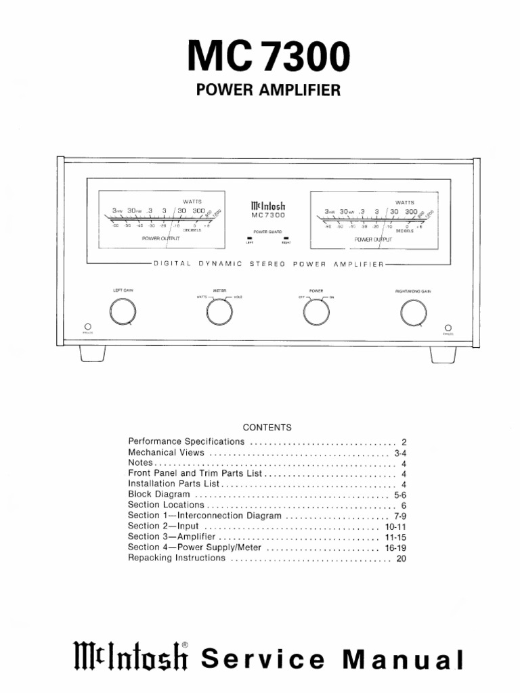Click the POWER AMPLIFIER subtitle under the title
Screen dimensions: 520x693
coord(267,90)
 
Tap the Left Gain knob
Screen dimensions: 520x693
coord(123,311)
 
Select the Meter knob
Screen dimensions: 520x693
coord(219,311)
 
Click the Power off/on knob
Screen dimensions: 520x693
coord(316,311)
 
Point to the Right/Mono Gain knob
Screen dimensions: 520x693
coord(413,311)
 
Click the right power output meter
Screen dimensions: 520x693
coord(372,219)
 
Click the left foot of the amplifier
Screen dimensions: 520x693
coord(92,353)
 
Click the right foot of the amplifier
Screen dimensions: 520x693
coord(443,353)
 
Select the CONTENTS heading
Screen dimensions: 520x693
coord(267,428)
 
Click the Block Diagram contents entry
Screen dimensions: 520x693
coord(159,494)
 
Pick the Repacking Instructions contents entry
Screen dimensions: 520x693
coord(177,558)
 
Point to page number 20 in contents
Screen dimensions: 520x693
coord(401,559)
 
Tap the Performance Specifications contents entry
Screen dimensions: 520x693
coord(186,441)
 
